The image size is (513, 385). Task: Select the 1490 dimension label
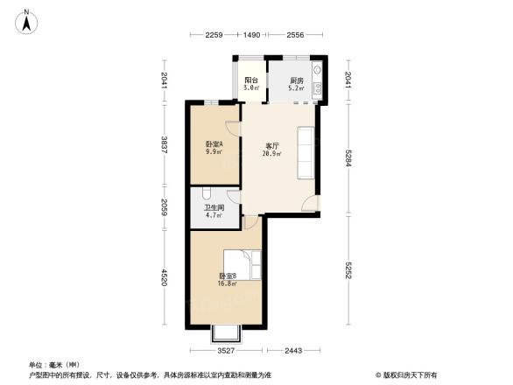click(251, 34)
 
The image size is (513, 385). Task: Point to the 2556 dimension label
click(296, 34)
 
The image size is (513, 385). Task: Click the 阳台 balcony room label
click(250, 80)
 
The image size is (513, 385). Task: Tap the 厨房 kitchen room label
click(297, 80)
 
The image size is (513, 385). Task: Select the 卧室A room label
click(213, 144)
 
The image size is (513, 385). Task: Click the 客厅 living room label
click(272, 146)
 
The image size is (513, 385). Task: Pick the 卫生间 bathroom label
click(213, 208)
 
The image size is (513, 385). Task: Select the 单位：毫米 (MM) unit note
click(54, 364)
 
